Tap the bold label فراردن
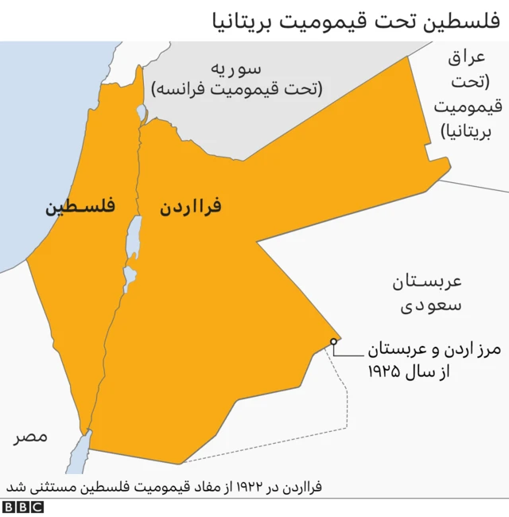click(x=190, y=208)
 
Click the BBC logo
click(x=23, y=507)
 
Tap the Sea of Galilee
click(x=142, y=111)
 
